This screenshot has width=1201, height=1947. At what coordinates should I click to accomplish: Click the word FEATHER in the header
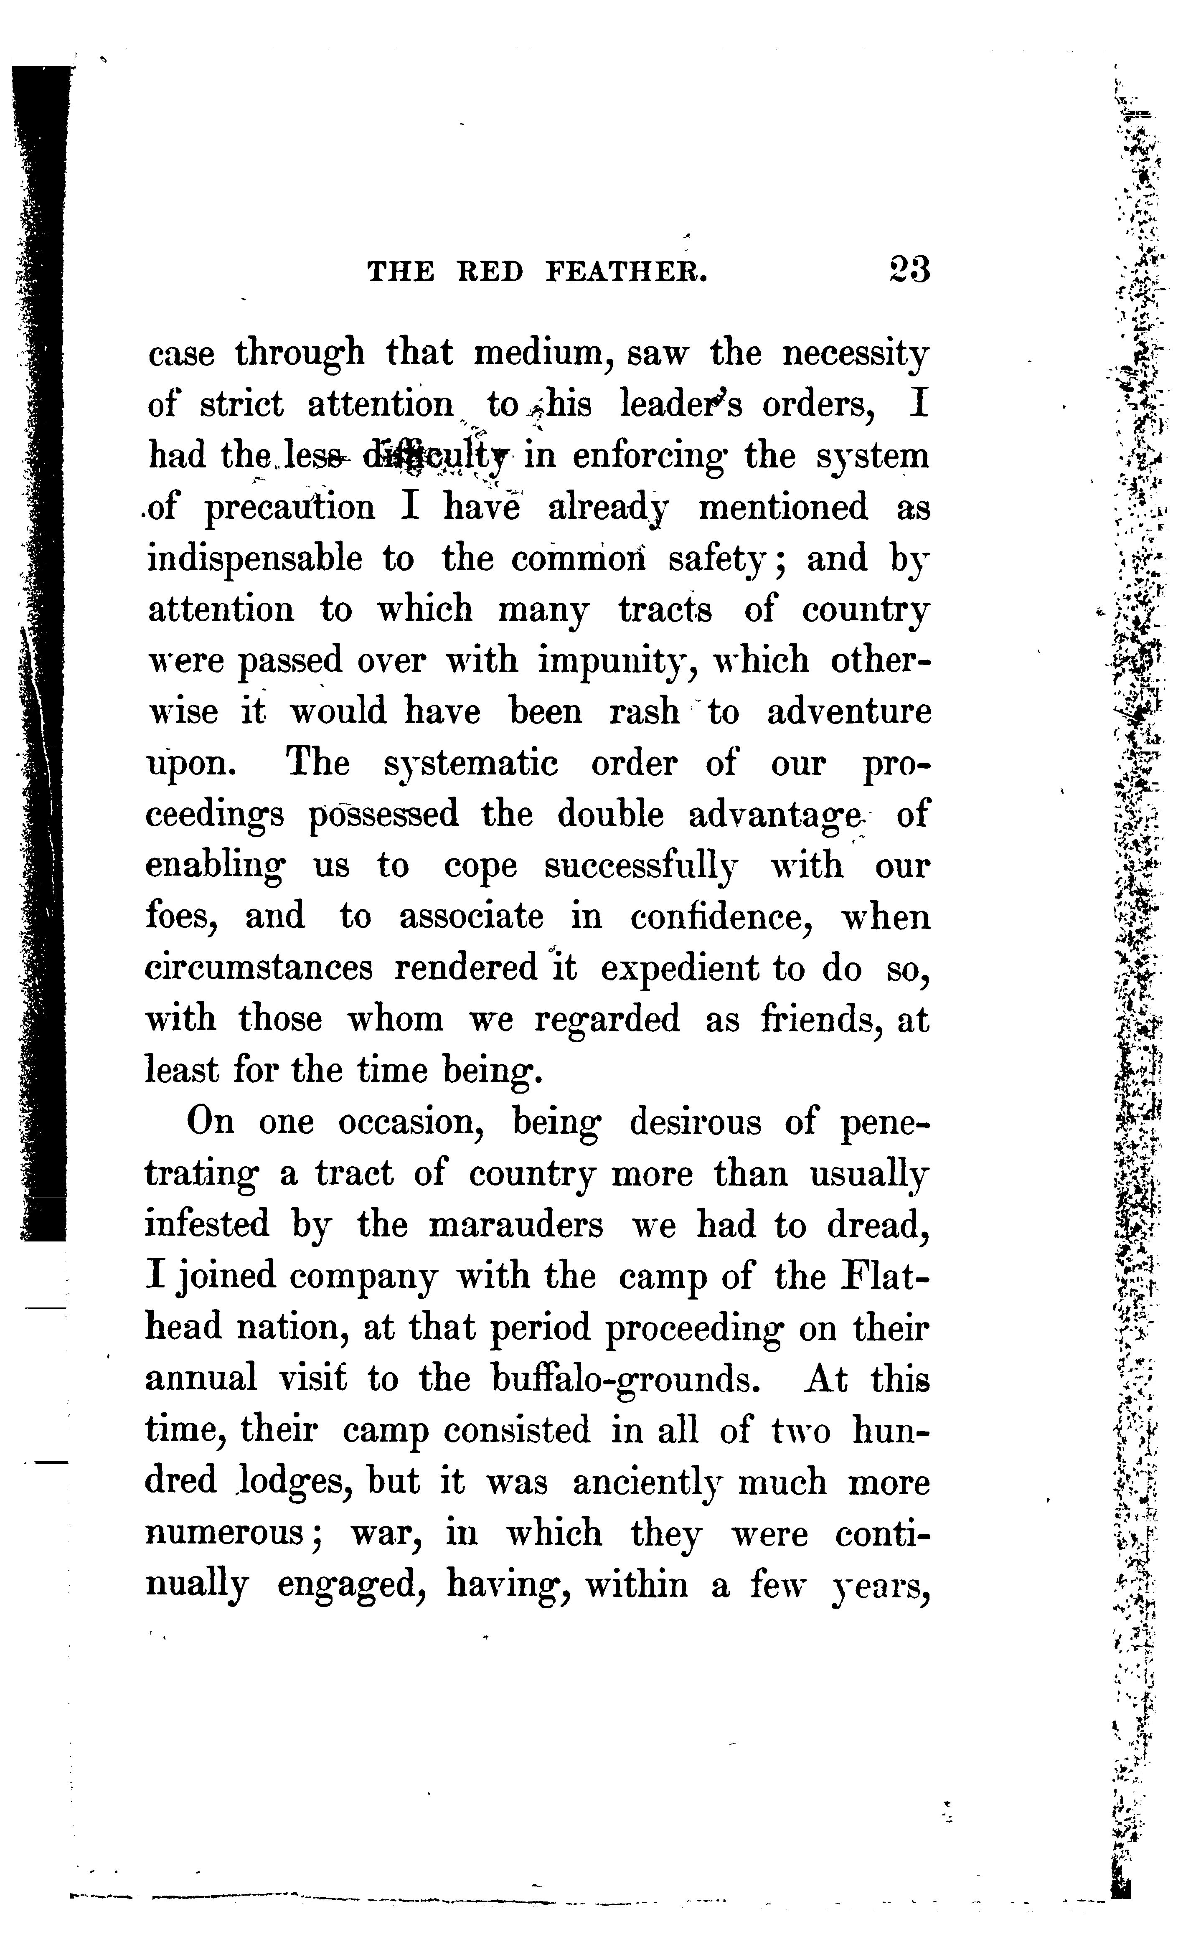pyautogui.click(x=626, y=272)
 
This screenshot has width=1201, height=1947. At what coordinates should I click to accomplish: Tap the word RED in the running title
pyautogui.click(x=491, y=272)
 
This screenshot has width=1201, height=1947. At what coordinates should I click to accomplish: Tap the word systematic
pyautogui.click(x=471, y=764)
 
